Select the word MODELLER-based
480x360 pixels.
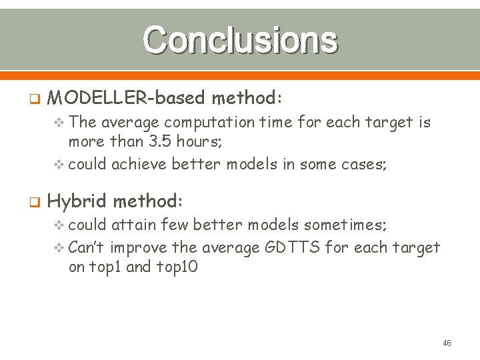(127, 99)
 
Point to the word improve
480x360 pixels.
(139, 248)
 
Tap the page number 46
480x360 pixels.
(447, 343)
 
